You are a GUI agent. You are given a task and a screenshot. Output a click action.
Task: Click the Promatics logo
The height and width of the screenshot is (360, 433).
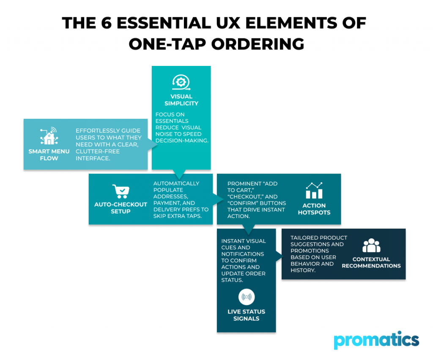(376, 340)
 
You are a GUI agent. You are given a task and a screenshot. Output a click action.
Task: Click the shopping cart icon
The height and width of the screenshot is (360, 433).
(121, 191)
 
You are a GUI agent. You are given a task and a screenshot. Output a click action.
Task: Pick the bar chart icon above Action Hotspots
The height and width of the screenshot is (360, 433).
(314, 191)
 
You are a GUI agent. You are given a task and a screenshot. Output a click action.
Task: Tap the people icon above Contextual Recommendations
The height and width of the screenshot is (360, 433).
(371, 245)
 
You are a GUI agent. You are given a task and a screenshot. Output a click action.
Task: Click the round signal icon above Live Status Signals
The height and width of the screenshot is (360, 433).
(246, 297)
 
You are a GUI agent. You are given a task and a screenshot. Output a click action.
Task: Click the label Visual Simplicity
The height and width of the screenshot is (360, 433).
(181, 100)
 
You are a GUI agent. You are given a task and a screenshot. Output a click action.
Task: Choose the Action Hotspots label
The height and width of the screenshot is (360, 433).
(314, 209)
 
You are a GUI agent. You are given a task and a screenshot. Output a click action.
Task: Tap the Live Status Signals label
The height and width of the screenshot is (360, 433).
(246, 315)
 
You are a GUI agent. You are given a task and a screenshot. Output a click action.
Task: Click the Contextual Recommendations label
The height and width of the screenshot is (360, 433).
(371, 262)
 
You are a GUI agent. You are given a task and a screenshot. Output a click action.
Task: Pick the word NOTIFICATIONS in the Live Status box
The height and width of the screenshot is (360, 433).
(243, 254)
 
